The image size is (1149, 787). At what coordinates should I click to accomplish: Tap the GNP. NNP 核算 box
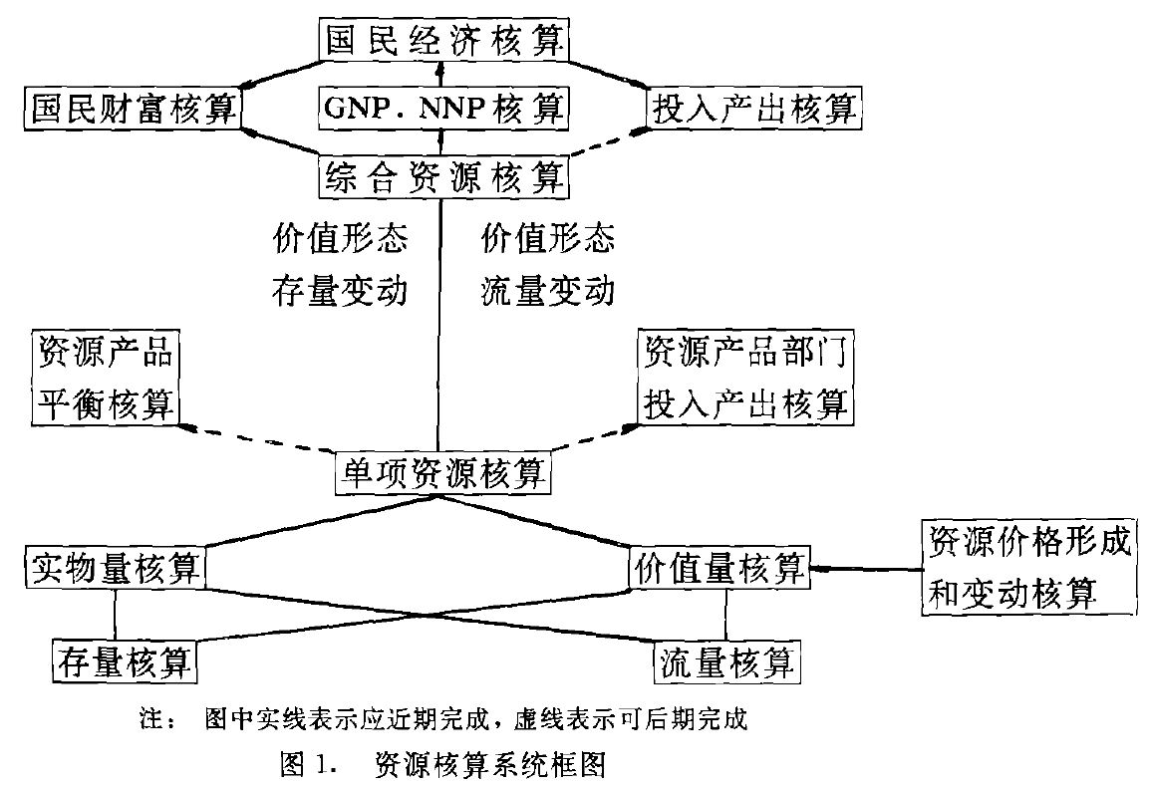(443, 107)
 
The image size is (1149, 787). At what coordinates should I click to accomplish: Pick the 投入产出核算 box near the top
(754, 107)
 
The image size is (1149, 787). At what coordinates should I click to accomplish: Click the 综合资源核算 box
(444, 176)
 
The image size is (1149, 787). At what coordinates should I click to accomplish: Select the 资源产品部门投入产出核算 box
(745, 378)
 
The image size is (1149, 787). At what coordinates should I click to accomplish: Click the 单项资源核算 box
(442, 470)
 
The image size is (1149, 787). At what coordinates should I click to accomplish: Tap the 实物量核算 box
(115, 568)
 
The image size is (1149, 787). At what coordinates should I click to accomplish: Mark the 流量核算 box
(726, 659)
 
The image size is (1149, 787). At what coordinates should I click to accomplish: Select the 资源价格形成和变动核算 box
(1029, 567)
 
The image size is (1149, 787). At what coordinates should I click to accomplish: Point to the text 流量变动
(547, 292)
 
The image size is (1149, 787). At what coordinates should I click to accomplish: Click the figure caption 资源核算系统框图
(489, 764)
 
